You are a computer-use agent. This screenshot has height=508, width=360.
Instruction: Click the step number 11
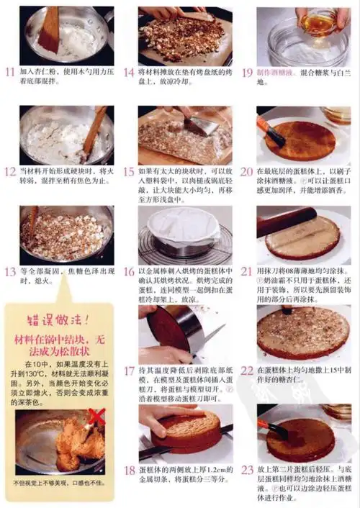tap(9, 72)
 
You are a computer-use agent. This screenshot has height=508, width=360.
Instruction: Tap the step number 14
tap(129, 72)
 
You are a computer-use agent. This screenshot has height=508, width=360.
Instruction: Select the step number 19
tap(247, 72)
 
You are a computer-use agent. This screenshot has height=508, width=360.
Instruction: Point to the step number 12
tap(9, 172)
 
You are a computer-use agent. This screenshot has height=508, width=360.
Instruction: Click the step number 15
tap(129, 172)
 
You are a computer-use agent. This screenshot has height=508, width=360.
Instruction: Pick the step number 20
tap(247, 172)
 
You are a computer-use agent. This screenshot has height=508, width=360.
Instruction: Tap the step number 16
tap(129, 271)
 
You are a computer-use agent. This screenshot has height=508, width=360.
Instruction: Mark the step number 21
tap(247, 271)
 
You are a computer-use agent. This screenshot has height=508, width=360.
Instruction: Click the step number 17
tap(129, 371)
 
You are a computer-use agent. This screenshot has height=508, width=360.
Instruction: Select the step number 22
tap(247, 371)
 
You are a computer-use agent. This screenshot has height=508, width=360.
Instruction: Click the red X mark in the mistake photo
tap(96, 417)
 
